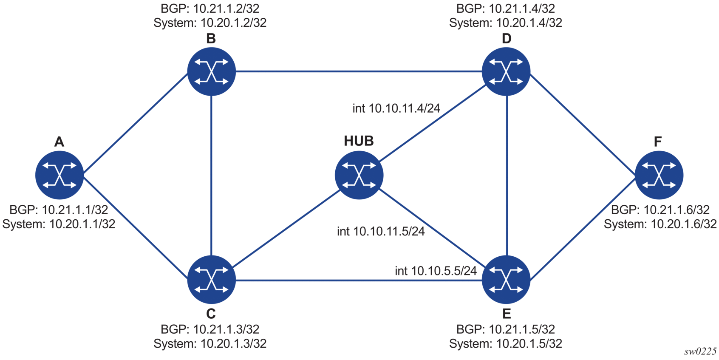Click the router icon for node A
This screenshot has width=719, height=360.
click(59, 175)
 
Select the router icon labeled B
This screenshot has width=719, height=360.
click(211, 71)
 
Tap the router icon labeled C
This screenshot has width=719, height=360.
click(211, 280)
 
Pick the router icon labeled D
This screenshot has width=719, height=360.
click(506, 71)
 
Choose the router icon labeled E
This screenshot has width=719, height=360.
click(506, 280)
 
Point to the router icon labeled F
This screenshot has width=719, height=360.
click(659, 175)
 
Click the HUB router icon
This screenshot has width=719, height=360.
click(359, 175)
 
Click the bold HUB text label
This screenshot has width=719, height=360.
click(359, 141)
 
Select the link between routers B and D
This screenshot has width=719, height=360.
click(359, 71)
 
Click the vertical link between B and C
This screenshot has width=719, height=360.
click(211, 175)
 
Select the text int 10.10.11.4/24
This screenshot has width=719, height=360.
click(396, 108)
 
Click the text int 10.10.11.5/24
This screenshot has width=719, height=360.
click(381, 231)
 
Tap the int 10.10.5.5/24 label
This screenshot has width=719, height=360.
click(436, 271)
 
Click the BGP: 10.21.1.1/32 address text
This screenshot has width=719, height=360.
click(59, 210)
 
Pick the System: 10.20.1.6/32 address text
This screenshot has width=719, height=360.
click(660, 224)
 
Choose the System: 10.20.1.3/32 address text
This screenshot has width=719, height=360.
click(210, 343)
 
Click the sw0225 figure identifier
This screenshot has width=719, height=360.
click(700, 351)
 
